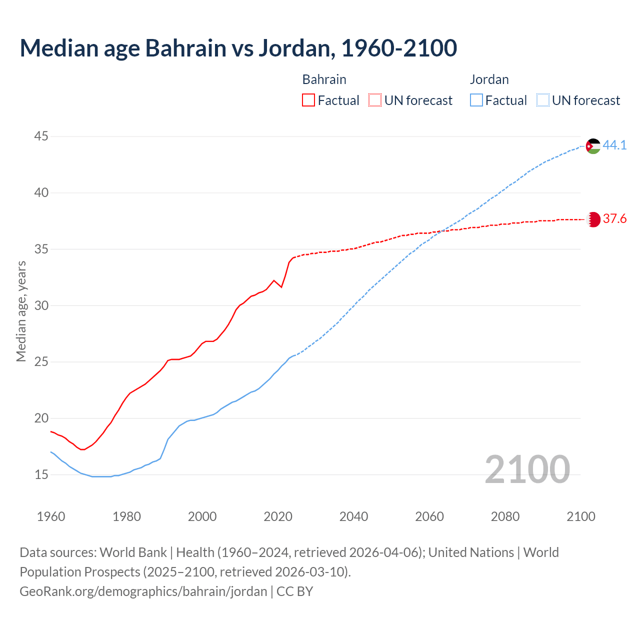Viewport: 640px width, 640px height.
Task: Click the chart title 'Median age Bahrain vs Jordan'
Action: pos(238,48)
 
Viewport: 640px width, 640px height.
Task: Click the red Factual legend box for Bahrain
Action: pos(308,100)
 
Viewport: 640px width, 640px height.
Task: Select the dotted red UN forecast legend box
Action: pos(375,100)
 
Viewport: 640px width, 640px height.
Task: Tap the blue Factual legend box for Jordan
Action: pos(476,100)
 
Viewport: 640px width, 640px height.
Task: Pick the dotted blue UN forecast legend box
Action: pos(542,100)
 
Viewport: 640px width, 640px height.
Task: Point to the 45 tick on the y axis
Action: pos(41,136)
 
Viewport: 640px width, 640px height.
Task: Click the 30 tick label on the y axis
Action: pos(41,305)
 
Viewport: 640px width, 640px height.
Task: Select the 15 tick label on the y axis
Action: pos(41,474)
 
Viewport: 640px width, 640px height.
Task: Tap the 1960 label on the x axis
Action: pos(51,516)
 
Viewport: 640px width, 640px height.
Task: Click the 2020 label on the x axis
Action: pos(278,516)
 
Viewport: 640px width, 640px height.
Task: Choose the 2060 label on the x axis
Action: pos(429,516)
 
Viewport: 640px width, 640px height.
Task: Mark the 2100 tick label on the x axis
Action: pos(581,516)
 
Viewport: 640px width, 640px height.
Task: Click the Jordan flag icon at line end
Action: pos(593,146)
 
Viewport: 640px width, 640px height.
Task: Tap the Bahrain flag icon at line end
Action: pos(593,219)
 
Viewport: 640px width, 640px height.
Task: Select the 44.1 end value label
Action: pos(614,145)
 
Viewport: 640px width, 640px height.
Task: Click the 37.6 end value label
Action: pos(614,219)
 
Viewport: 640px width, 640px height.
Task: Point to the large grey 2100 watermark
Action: pos(527,469)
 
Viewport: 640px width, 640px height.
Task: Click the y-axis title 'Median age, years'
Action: pos(21,311)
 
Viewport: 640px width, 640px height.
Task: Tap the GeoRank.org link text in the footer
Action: pos(143,591)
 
